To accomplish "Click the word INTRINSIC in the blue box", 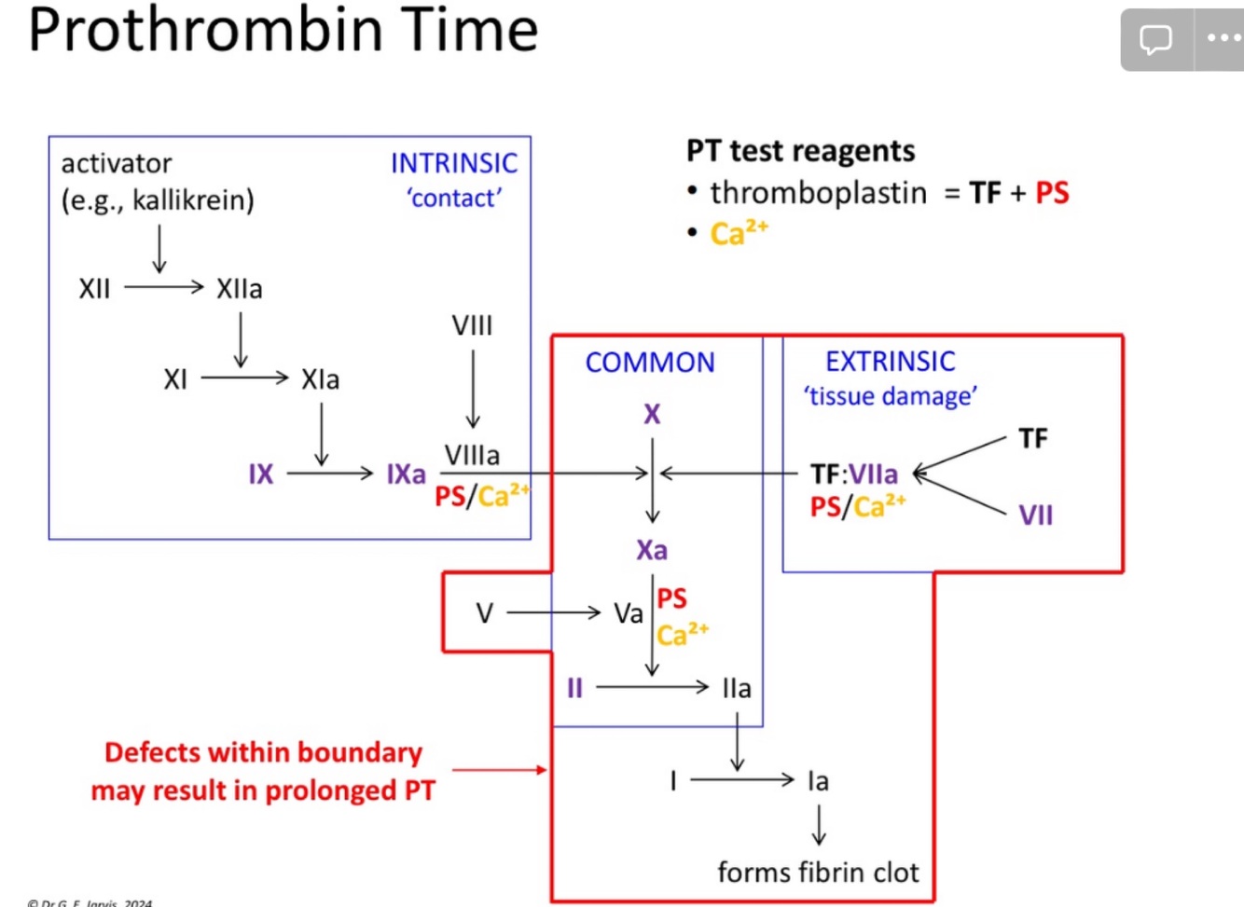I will (x=453, y=163).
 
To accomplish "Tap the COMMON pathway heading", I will (x=650, y=363).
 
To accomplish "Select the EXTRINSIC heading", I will (x=891, y=362).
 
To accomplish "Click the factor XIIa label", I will (x=240, y=289).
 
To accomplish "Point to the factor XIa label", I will (x=320, y=379).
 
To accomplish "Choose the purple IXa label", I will (x=407, y=474).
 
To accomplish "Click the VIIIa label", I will (x=472, y=455).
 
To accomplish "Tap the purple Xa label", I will (x=652, y=550).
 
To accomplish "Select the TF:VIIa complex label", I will (x=854, y=474).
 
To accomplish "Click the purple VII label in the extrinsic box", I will (x=1035, y=515).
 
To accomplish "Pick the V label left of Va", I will (x=484, y=613).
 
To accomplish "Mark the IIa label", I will (x=737, y=688).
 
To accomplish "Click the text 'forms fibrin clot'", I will (x=818, y=873).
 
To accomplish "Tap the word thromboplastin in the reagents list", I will (x=819, y=193).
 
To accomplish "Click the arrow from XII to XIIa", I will (x=164, y=287).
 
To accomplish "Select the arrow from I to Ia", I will (x=741, y=779).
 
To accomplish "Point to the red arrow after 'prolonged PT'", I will (x=500, y=770).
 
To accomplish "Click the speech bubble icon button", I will (x=1156, y=39).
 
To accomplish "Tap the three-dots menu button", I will (x=1223, y=39).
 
